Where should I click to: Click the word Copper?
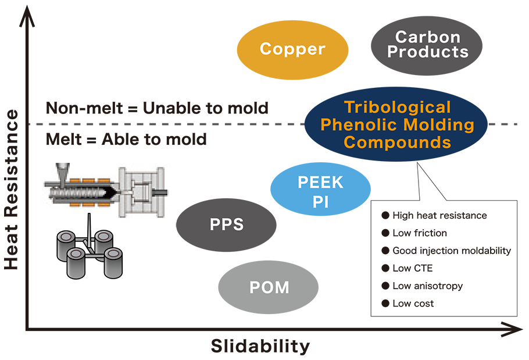click(x=292, y=49)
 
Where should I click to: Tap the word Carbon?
click(x=428, y=37)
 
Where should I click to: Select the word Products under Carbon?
click(x=428, y=52)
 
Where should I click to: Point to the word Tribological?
click(x=397, y=108)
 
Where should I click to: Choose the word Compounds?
click(x=397, y=142)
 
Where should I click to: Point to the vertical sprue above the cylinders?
click(x=90, y=227)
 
